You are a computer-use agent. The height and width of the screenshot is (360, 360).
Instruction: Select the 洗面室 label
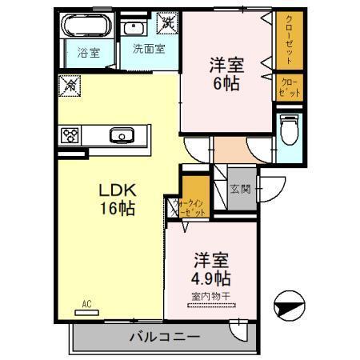pos(148,48)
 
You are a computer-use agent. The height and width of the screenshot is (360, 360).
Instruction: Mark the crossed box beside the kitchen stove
pos(68,84)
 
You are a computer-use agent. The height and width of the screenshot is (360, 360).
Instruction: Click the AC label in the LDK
pos(87,304)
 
